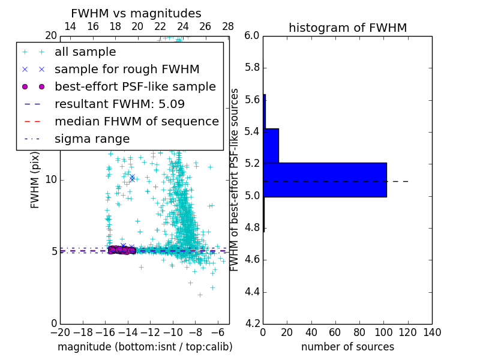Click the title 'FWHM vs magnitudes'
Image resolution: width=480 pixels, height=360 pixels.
[136, 13]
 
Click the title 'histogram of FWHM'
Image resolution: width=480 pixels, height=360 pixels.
[347, 28]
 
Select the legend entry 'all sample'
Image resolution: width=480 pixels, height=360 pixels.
[85, 52]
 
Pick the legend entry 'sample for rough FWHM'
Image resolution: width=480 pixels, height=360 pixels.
[127, 70]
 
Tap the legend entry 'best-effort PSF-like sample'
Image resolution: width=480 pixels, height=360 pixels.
[135, 87]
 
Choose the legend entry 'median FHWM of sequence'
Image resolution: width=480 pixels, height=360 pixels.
[136, 122]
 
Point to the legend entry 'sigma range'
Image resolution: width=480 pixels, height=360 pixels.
[92, 139]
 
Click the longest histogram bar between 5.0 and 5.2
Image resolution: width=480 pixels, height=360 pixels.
[325, 179]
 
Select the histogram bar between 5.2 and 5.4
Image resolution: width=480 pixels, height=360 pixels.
[271, 145]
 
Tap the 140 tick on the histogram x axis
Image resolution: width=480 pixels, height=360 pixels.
[432, 332]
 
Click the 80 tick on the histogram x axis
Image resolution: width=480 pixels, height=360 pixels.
[359, 332]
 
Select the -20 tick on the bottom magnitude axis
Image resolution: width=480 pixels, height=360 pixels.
[60, 332]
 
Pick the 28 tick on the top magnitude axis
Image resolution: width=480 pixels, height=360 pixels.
[228, 26]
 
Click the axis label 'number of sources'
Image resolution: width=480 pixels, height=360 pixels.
[347, 347]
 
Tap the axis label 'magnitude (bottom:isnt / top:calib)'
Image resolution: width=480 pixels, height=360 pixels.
[145, 347]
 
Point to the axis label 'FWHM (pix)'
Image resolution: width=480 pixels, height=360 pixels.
[35, 180]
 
